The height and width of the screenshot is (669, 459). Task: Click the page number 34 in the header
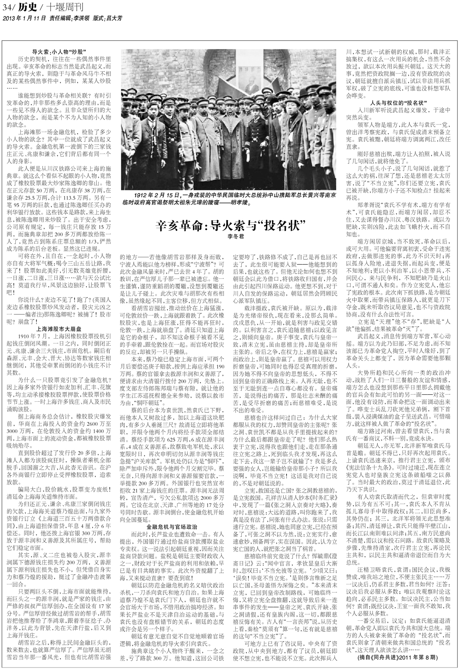(x=7, y=7)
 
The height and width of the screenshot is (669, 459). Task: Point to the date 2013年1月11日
(x=24, y=18)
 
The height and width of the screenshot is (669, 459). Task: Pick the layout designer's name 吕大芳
(x=109, y=18)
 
